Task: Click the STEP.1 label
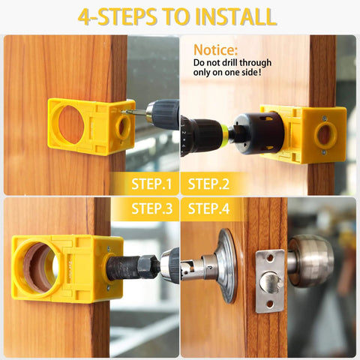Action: point(151,183)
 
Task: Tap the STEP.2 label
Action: point(209,183)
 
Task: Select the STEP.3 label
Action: point(151,208)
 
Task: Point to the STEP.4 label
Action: point(209,208)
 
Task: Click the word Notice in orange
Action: point(215,49)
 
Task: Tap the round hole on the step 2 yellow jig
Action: point(325,134)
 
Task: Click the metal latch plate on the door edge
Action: point(270,280)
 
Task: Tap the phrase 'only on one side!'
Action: point(228,73)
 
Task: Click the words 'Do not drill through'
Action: point(232,63)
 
